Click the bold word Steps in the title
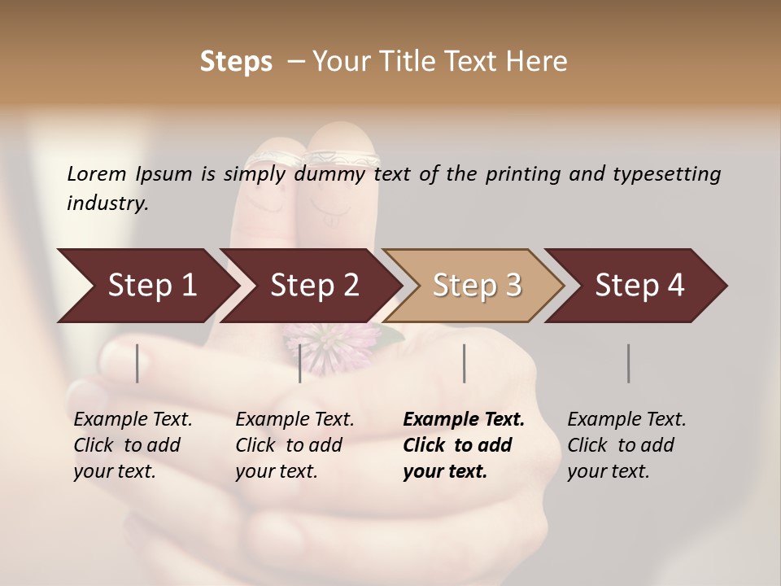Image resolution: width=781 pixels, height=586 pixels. (x=236, y=62)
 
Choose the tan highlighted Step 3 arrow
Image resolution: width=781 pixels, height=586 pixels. (x=477, y=286)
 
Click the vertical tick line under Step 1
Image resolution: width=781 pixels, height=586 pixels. (x=137, y=363)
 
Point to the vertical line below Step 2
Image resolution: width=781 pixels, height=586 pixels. (x=300, y=363)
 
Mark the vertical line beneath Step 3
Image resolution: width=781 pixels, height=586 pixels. (x=464, y=363)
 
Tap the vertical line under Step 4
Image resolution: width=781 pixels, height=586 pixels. (x=629, y=363)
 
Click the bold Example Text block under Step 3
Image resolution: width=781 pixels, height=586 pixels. (x=464, y=445)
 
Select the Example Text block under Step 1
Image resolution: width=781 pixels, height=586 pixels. (x=133, y=445)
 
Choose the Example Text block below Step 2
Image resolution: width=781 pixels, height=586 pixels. (x=295, y=445)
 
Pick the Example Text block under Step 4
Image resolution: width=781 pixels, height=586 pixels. (x=626, y=445)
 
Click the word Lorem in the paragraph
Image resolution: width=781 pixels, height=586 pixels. (x=97, y=174)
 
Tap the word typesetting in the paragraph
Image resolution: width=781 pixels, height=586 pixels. (x=662, y=174)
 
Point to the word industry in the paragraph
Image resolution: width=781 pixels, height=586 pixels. (x=107, y=203)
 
